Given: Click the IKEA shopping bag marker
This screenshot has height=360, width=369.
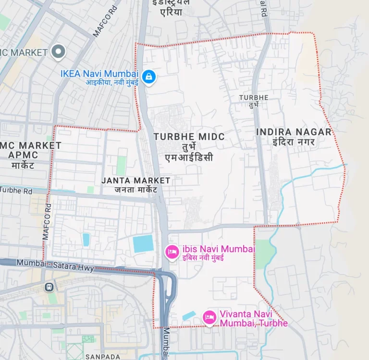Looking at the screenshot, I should (x=149, y=77).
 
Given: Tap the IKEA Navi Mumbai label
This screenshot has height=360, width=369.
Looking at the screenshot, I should (x=99, y=74).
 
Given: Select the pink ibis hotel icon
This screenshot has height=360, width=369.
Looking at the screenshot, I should (x=172, y=251).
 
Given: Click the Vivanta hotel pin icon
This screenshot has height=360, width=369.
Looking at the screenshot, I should (x=209, y=317).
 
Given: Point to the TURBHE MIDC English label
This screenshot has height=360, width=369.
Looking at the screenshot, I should (x=189, y=137).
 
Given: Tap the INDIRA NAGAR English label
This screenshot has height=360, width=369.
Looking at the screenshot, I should (x=294, y=132).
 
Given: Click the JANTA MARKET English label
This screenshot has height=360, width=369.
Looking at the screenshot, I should (x=136, y=180).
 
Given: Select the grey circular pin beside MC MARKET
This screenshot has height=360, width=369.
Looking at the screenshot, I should (x=58, y=51).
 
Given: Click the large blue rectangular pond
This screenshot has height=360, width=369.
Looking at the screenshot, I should (x=143, y=244).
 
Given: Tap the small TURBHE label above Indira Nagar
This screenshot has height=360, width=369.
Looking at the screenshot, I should (x=254, y=97).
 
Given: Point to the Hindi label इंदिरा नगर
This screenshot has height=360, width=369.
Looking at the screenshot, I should (x=293, y=142).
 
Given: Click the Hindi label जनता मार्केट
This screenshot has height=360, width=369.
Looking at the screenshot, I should (x=136, y=190).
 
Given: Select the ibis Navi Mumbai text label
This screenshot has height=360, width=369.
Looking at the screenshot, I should (x=219, y=249).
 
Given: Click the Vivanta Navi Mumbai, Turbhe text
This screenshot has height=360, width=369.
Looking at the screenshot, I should (x=253, y=319).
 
